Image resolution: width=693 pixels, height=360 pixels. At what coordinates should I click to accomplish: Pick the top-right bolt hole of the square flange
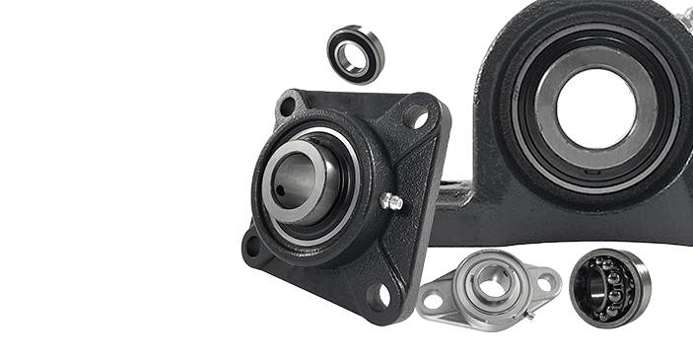click(419, 120)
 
